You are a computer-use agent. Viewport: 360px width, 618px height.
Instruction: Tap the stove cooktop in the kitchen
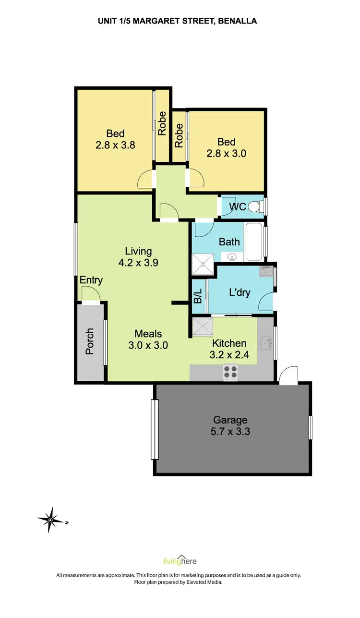click(x=230, y=372)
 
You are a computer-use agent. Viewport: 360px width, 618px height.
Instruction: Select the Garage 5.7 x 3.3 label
click(x=230, y=425)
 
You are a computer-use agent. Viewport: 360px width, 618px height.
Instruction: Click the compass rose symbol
click(x=50, y=520)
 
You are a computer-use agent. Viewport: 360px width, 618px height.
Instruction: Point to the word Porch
click(x=90, y=341)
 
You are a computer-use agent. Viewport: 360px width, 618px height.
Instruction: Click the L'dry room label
click(x=239, y=291)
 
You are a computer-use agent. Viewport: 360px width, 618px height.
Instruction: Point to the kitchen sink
click(x=265, y=343)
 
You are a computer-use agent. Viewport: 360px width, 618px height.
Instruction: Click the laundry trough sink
click(x=265, y=272)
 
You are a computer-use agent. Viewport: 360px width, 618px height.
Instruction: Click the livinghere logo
click(x=180, y=561)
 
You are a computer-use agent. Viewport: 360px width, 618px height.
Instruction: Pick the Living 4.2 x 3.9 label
click(x=138, y=256)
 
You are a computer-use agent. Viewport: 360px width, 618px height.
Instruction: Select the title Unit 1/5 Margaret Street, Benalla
click(x=180, y=21)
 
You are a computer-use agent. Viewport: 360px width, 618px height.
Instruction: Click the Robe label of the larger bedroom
click(x=162, y=123)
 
